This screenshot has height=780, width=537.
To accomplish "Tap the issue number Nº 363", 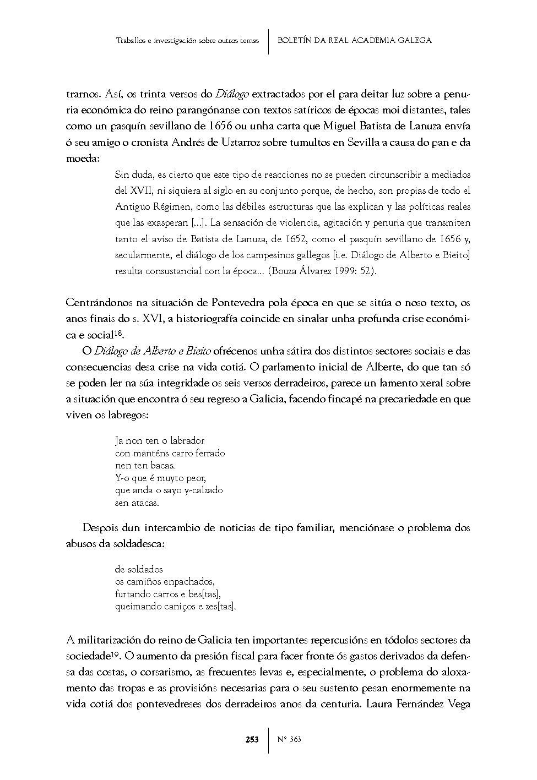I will [289, 739].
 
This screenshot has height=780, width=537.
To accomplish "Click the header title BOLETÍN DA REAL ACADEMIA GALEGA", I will [355, 40].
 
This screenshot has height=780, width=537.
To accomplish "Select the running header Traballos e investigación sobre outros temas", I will [188, 41].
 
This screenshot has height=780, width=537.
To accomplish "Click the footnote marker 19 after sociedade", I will [116, 653].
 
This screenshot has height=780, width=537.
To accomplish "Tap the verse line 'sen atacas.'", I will [137, 503].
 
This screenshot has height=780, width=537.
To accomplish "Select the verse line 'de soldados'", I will [139, 569].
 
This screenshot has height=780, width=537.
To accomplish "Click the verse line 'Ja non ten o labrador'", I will [160, 440].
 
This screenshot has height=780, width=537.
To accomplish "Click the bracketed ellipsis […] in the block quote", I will [198, 223].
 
